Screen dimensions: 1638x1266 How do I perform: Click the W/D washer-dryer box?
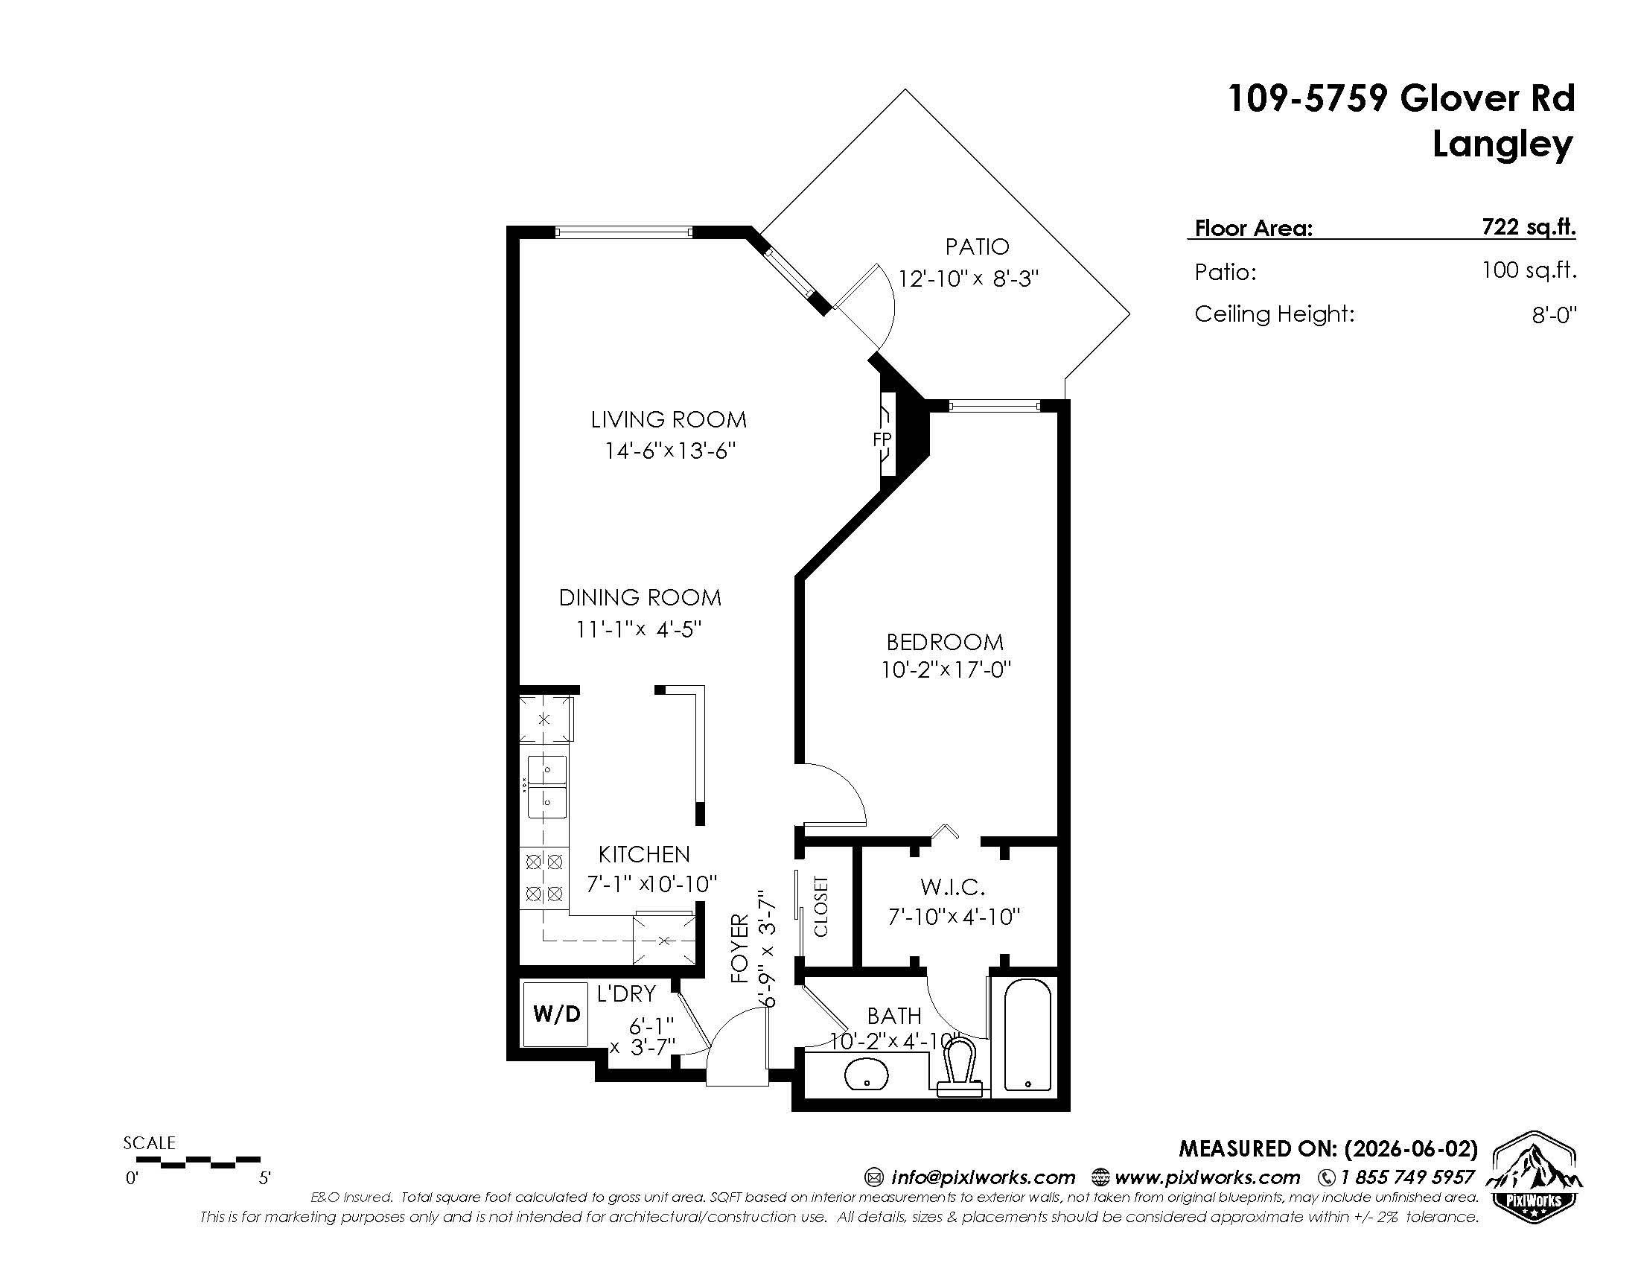point(555,1014)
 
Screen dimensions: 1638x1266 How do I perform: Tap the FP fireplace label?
point(882,439)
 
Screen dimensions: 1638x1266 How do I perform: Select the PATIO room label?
point(977,246)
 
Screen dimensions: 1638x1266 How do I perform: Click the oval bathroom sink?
point(867,1073)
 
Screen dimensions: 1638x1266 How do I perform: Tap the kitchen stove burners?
point(544,877)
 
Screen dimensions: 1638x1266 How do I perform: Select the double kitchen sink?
point(546,787)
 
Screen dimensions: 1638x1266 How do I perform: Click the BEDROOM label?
point(944,642)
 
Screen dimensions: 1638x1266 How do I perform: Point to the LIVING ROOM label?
point(669,419)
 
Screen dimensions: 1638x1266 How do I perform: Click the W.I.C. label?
point(952,888)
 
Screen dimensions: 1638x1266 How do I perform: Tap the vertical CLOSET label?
point(820,907)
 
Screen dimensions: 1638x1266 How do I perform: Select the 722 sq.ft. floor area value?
point(1529,226)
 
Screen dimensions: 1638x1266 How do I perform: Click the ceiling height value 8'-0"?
point(1554,315)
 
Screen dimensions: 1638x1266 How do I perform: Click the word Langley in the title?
point(1502,145)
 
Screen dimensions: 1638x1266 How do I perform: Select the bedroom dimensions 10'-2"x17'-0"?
point(946,669)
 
